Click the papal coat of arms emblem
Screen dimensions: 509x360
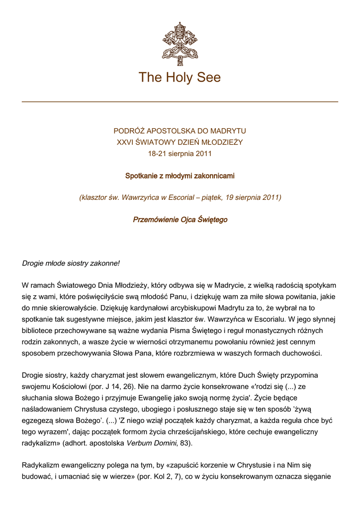tap(180, 40)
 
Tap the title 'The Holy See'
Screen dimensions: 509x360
tap(180, 78)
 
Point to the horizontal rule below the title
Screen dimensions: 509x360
tap(180, 102)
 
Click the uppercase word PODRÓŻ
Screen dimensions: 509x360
tap(129, 131)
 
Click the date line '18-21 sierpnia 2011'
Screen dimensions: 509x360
tap(180, 154)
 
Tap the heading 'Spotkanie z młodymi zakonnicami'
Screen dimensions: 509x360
tap(180, 176)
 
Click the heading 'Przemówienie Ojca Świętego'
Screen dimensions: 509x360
tap(180, 220)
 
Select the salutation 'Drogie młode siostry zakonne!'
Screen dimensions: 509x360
tap(71, 263)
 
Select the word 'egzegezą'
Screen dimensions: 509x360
tap(38, 420)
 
